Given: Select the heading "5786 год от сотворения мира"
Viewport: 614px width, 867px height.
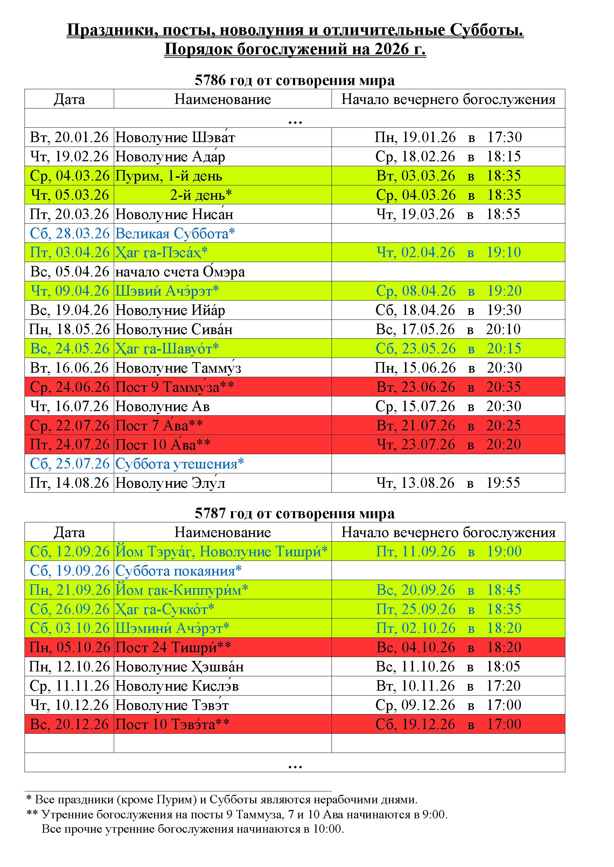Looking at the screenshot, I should pos(294,80).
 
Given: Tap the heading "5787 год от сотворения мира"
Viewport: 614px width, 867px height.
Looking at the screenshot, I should pos(294,513).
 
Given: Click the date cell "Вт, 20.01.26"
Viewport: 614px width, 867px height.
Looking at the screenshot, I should pos(69,137).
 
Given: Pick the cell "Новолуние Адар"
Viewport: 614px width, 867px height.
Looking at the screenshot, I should pos(170,156).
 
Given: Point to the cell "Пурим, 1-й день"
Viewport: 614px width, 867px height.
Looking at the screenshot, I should pos(169,176).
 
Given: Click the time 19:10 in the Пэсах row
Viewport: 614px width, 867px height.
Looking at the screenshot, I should pos(504,252).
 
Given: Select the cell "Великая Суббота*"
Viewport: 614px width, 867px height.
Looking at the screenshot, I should pos(175,233).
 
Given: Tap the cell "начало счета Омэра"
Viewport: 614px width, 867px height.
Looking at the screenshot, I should pos(180,272).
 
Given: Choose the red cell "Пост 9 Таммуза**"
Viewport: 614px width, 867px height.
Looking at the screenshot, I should pos(174,387).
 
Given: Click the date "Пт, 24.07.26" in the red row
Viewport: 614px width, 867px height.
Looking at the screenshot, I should pos(69,445).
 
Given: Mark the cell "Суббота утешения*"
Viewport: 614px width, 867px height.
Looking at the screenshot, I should pos(180,464).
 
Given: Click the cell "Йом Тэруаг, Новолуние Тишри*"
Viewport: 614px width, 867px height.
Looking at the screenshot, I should pos(222,551).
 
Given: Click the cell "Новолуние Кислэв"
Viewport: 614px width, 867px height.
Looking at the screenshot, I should pos(177,686).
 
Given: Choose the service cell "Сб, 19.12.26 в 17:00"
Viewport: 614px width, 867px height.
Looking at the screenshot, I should pos(448,724).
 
